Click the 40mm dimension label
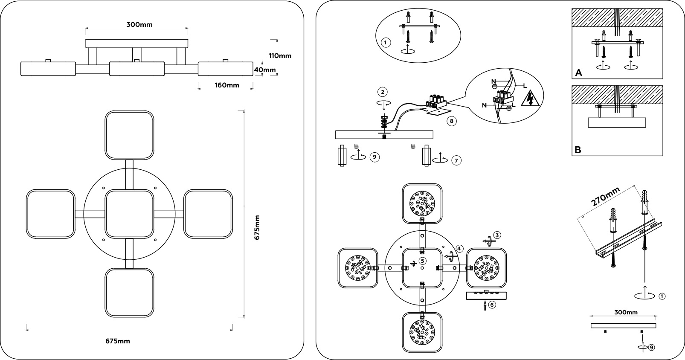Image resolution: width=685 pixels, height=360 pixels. click(265, 70)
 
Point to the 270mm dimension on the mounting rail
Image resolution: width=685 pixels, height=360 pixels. click(606, 200)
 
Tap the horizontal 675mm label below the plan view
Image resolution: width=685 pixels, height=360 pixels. click(118, 341)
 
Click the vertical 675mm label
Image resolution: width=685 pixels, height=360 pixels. click(257, 227)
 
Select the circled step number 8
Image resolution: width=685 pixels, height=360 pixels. click(451, 121)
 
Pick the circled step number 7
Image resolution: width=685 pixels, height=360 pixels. click(456, 160)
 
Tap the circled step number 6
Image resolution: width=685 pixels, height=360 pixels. click(492, 305)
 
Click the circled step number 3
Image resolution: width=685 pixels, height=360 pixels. click(497, 235)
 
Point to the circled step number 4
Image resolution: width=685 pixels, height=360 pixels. click(459, 248)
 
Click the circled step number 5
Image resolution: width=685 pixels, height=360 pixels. click(422, 261)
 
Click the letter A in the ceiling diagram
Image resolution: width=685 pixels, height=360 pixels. click(578, 73)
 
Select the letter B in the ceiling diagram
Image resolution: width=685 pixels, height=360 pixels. click(578, 150)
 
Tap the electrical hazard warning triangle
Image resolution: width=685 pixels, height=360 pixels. click(531, 99)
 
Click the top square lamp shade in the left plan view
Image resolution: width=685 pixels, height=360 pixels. click(129, 135)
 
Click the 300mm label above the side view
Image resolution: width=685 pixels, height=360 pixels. click(139, 25)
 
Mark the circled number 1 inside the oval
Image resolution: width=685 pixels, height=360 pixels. click(385, 43)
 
